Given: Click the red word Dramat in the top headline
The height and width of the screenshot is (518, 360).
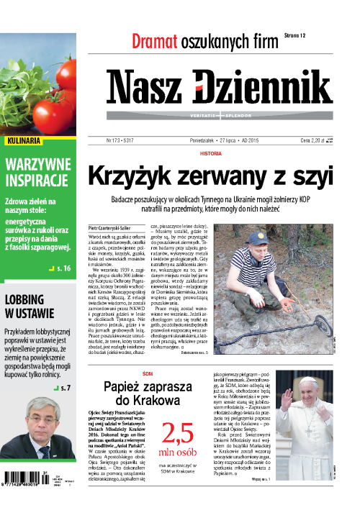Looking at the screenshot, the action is point(154,41).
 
